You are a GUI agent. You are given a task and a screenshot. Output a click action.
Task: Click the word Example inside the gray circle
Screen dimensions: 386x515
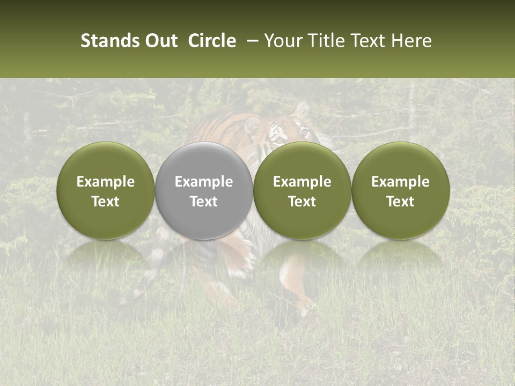pos(204,182)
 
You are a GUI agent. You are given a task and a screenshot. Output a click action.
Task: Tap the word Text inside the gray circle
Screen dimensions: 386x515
pos(204,202)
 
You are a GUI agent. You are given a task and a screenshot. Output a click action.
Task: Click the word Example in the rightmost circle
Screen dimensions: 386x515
pos(401,182)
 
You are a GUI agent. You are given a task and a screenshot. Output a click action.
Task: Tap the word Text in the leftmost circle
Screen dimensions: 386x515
pos(106,202)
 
